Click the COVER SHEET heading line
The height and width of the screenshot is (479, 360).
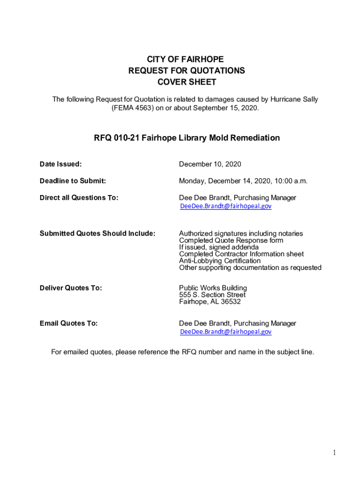(186, 82)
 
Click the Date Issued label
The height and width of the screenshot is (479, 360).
(60, 164)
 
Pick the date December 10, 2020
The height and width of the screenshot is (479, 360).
(210, 164)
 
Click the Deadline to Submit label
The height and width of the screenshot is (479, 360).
(72, 181)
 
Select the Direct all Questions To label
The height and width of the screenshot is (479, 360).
(79, 197)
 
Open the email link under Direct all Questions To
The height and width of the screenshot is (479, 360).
(226, 206)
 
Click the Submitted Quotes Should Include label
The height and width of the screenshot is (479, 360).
(97, 233)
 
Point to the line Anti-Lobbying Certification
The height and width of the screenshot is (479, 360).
(220, 261)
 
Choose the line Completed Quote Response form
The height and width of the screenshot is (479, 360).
(231, 240)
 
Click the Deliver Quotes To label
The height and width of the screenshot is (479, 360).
(71, 288)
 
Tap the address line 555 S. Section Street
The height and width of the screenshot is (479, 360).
(212, 295)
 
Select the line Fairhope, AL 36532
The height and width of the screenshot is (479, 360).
(210, 302)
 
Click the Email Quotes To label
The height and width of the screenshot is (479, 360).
(69, 323)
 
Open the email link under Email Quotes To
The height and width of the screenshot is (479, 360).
(226, 332)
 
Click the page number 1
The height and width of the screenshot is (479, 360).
(334, 452)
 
